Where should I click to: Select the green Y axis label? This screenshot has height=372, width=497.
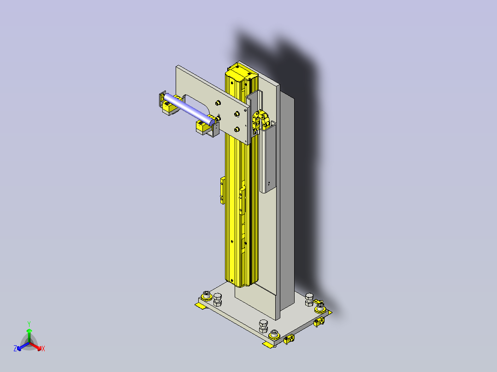pyautogui.click(x=29, y=324)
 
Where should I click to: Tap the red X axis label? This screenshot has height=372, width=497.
pyautogui.click(x=43, y=349)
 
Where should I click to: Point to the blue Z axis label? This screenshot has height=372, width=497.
pyautogui.click(x=15, y=349)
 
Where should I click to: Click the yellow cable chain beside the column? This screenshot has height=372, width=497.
pyautogui.click(x=260, y=120)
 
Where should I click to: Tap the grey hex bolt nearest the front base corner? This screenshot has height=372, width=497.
pyautogui.click(x=263, y=326)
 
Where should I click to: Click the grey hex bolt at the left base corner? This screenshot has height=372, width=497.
pyautogui.click(x=218, y=300)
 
